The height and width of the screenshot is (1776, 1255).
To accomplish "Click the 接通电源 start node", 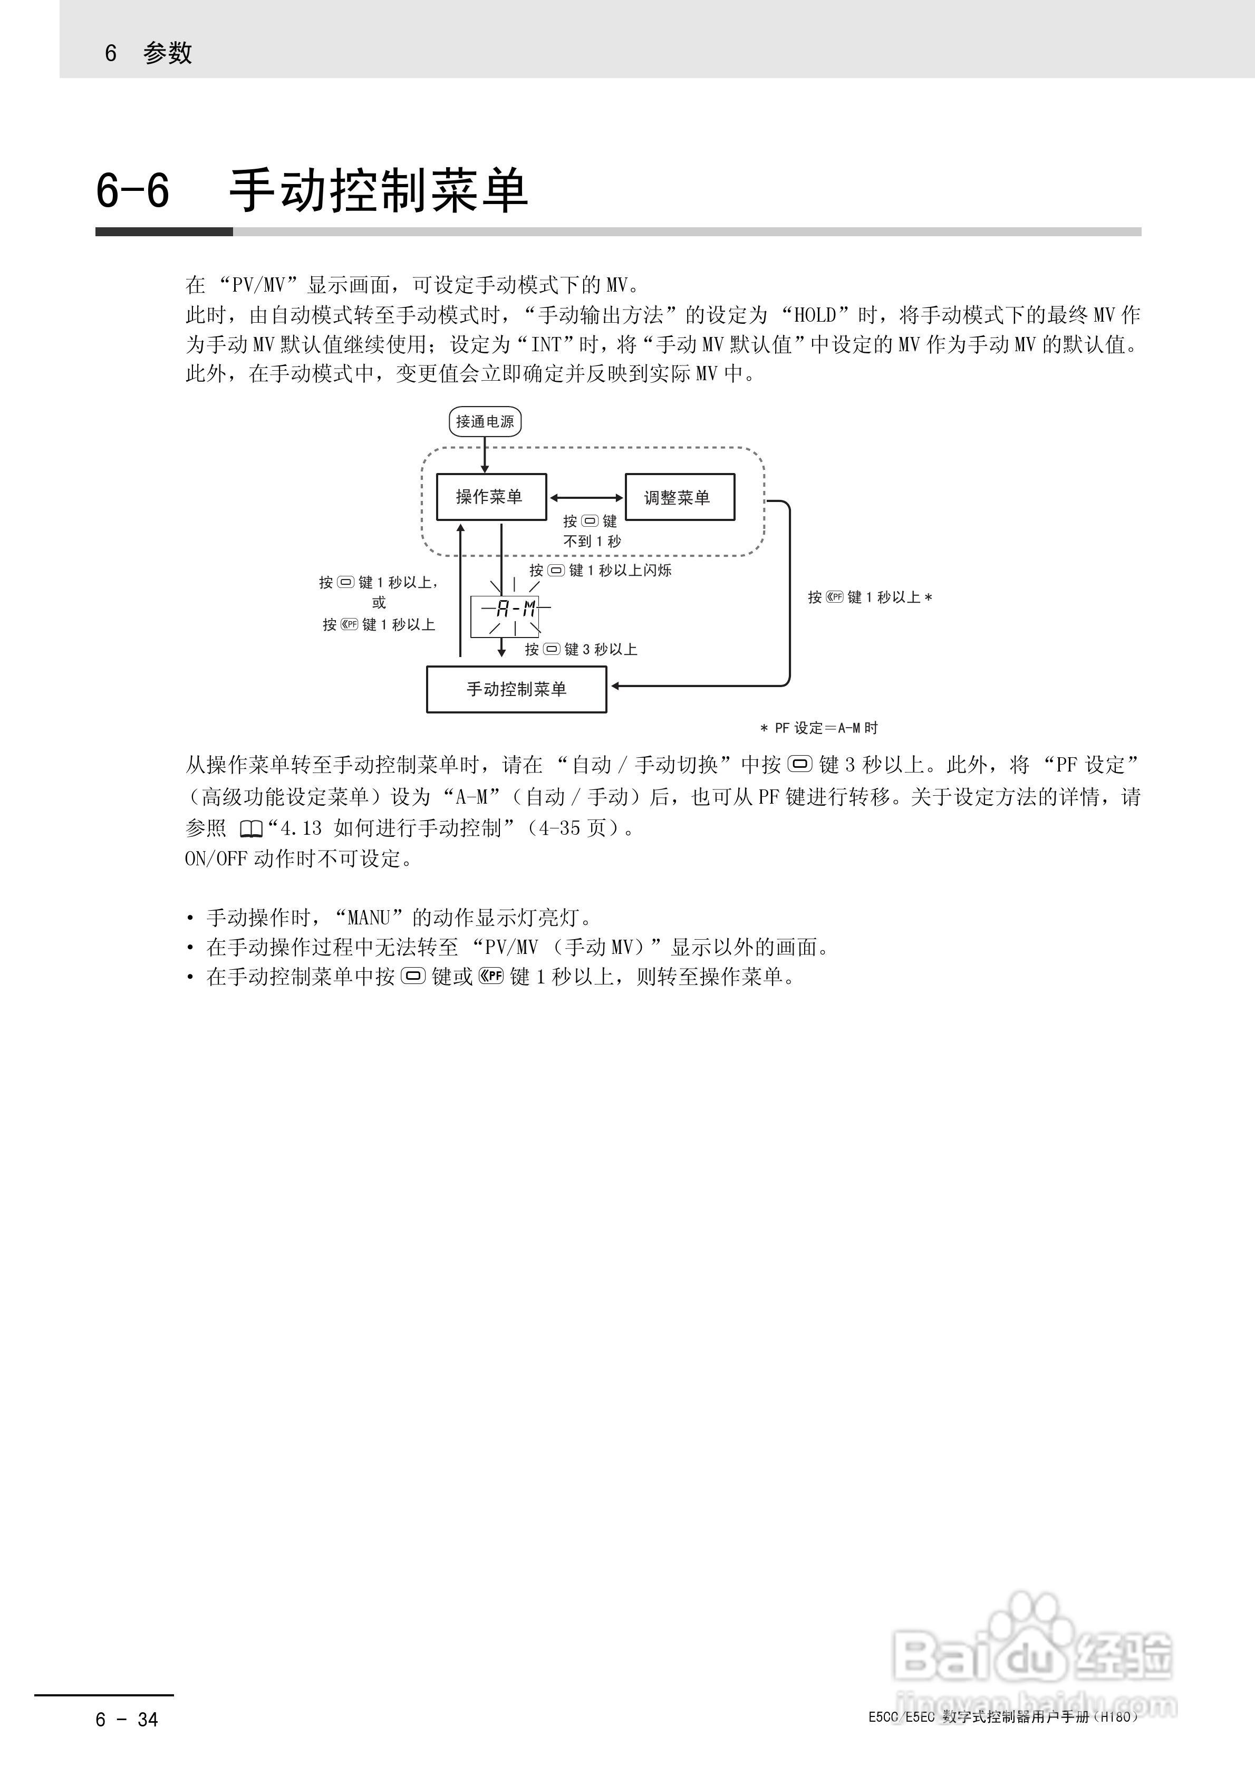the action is (485, 421).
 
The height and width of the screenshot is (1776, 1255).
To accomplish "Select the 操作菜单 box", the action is (490, 497).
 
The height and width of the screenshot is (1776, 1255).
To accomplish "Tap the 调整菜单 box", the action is (679, 497).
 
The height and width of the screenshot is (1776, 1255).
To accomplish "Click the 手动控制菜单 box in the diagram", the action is (516, 689).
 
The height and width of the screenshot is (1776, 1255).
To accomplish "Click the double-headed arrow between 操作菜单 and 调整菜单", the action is (586, 497).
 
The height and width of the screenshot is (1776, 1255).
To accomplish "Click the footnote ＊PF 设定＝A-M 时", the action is (818, 728).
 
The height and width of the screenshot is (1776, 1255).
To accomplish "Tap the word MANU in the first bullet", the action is (369, 918).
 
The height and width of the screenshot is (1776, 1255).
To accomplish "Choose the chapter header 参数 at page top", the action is (167, 53).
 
